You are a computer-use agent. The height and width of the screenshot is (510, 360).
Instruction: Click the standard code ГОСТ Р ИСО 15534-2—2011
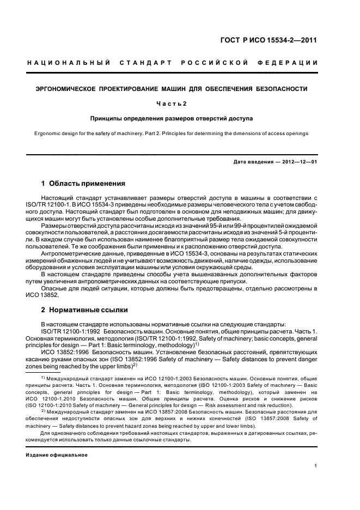tap(276, 40)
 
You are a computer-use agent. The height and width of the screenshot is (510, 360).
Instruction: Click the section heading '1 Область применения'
tap(83, 183)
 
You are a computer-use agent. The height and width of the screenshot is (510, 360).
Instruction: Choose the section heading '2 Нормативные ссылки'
tap(84, 309)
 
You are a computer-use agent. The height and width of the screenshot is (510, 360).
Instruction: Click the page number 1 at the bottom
tap(316, 465)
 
